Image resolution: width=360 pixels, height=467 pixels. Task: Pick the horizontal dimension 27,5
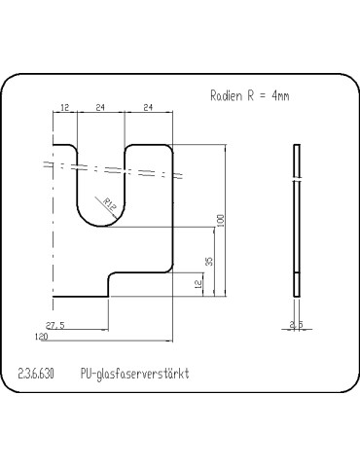(54, 327)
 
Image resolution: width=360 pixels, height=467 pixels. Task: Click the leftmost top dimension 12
(64, 108)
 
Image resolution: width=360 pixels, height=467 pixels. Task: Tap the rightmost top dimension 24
(149, 108)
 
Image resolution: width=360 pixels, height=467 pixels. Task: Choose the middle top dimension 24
(100, 108)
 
